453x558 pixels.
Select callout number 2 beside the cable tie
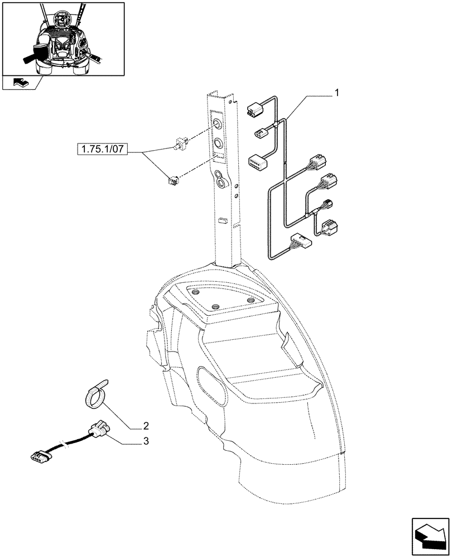(x=146, y=425)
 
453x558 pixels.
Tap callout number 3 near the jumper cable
(x=146, y=441)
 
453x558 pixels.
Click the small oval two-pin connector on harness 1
(x=261, y=133)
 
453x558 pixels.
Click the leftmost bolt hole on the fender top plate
(x=195, y=291)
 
